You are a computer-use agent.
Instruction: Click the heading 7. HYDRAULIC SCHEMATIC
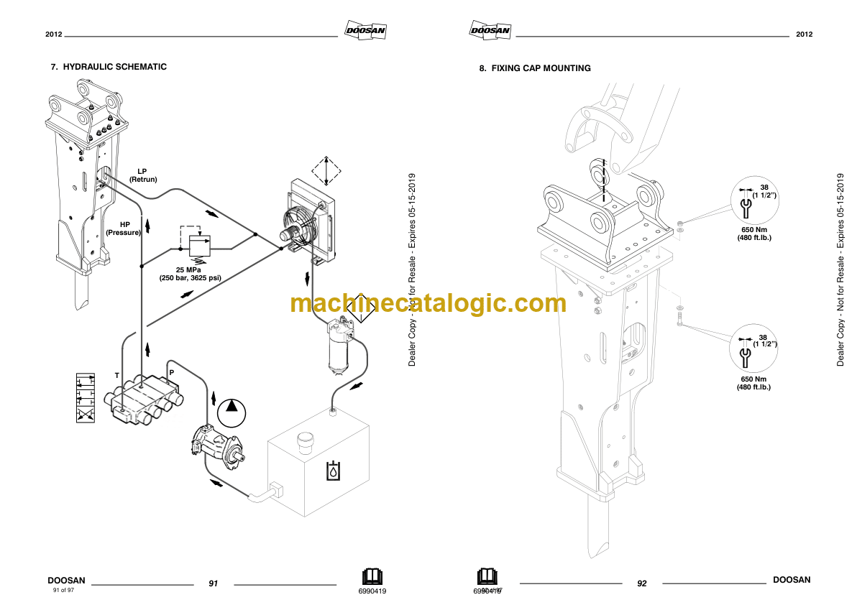tap(108, 67)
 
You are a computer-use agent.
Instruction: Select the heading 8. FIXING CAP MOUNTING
tap(535, 68)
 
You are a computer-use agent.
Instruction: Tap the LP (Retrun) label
tap(142, 175)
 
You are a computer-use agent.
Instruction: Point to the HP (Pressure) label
tap(123, 228)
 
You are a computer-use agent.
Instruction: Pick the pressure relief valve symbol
tap(198, 244)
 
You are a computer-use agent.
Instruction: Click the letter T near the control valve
tap(117, 376)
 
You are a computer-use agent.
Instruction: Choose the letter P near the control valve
tap(171, 371)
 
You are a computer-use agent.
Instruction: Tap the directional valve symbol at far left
tap(86, 397)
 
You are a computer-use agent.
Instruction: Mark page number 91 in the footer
tap(213, 583)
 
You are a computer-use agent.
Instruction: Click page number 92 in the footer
tap(642, 583)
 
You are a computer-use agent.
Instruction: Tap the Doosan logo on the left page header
tap(366, 30)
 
